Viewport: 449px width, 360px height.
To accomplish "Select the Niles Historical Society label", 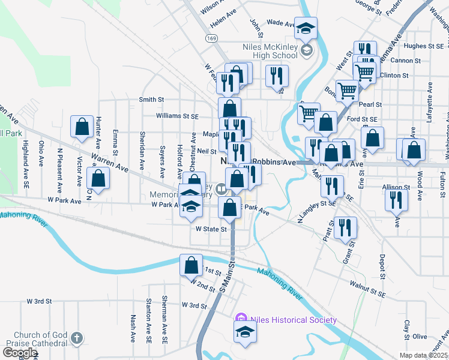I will click(x=293, y=320).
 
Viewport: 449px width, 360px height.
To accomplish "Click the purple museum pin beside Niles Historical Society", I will click(x=242, y=319).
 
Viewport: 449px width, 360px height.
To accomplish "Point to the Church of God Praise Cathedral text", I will click(x=41, y=339).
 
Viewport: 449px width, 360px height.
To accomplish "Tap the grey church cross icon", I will click(x=76, y=338).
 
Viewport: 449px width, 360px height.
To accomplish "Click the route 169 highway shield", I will click(x=211, y=38).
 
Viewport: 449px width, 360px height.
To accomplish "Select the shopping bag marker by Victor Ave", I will click(x=82, y=127).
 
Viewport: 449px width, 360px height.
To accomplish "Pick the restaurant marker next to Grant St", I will click(x=345, y=227).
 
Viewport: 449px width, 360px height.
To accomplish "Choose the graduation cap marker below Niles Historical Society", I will click(x=245, y=332).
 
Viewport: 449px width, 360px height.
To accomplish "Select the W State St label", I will click(x=211, y=229).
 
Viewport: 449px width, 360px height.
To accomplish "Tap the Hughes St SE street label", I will click(x=424, y=46).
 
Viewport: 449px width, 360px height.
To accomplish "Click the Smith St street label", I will click(x=152, y=100).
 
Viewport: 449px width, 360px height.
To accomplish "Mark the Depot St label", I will click(x=382, y=267).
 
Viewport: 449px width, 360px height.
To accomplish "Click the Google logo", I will click(x=20, y=353).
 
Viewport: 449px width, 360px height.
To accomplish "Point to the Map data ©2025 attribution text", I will click(x=424, y=355).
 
